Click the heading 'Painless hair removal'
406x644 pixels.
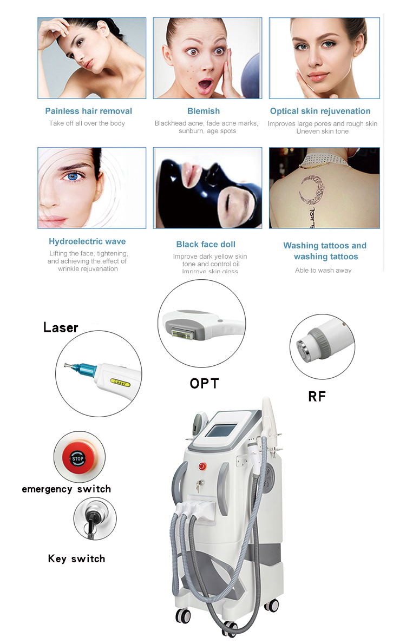pyautogui.click(x=88, y=111)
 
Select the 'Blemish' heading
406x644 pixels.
pyautogui.click(x=204, y=111)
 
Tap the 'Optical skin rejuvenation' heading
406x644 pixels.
pyautogui.click(x=320, y=111)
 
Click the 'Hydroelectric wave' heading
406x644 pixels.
pyautogui.click(x=87, y=241)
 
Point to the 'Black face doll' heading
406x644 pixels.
pyautogui.click(x=206, y=244)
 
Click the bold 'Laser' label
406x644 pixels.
pyautogui.click(x=61, y=327)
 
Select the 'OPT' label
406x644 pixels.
pyautogui.click(x=204, y=384)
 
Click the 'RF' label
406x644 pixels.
pyautogui.click(x=317, y=396)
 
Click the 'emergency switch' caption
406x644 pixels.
pyautogui.click(x=66, y=489)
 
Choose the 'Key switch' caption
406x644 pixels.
pyautogui.click(x=76, y=558)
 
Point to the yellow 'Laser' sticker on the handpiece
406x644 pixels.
pyautogui.click(x=120, y=383)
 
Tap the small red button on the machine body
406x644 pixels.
pyautogui.click(x=201, y=465)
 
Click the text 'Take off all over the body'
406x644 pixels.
pyautogui.click(x=87, y=123)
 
